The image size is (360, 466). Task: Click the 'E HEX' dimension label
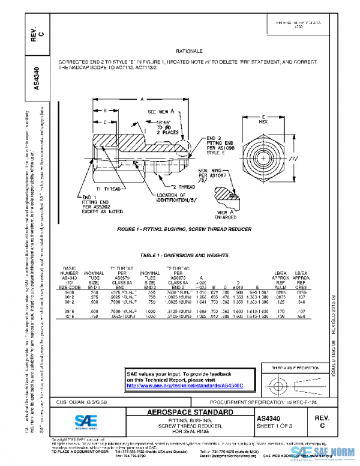(x=263, y=118)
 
